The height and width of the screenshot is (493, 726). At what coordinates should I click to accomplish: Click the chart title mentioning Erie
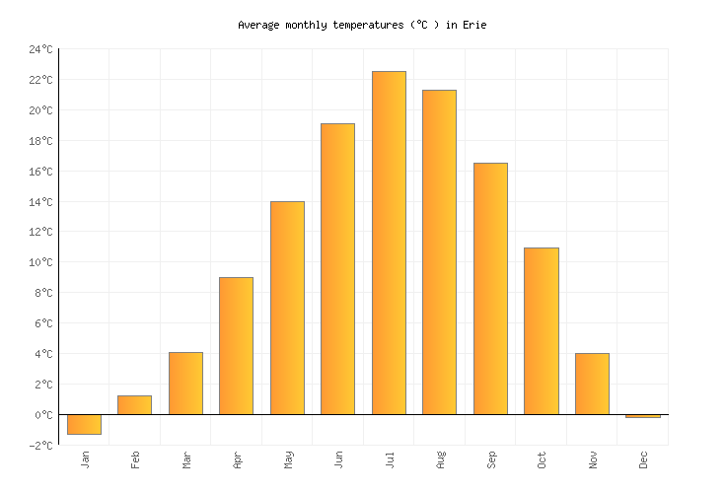tap(362, 25)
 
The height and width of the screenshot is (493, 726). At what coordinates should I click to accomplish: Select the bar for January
tap(84, 424)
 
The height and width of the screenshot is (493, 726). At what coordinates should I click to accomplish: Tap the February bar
tap(134, 405)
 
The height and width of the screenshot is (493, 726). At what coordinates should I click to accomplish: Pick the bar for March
tap(185, 384)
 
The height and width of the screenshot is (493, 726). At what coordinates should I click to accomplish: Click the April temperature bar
tap(236, 346)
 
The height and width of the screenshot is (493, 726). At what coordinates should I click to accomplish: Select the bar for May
tap(287, 308)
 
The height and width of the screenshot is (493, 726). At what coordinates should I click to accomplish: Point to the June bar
tap(337, 269)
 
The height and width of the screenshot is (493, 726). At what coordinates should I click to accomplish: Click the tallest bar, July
tap(389, 243)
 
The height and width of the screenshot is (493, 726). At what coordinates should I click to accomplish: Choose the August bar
tap(439, 252)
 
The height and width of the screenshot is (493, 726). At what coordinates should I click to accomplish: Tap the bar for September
tap(490, 289)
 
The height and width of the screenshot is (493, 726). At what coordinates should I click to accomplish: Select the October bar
tap(541, 331)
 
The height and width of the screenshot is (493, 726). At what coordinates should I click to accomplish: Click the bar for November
tap(592, 384)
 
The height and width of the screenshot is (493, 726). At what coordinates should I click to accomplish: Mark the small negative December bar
tap(643, 416)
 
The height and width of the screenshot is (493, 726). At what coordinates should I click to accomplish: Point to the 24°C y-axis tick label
tap(40, 49)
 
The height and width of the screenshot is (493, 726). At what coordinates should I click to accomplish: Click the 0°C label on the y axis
tap(43, 415)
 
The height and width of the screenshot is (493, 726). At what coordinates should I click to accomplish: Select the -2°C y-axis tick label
tap(40, 446)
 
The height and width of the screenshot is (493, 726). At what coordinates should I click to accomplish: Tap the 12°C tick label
tap(40, 233)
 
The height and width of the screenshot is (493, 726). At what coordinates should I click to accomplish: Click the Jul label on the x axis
tap(389, 459)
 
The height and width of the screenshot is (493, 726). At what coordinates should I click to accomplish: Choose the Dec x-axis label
tap(643, 459)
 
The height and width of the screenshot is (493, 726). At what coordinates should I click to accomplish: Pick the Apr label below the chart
tap(237, 459)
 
